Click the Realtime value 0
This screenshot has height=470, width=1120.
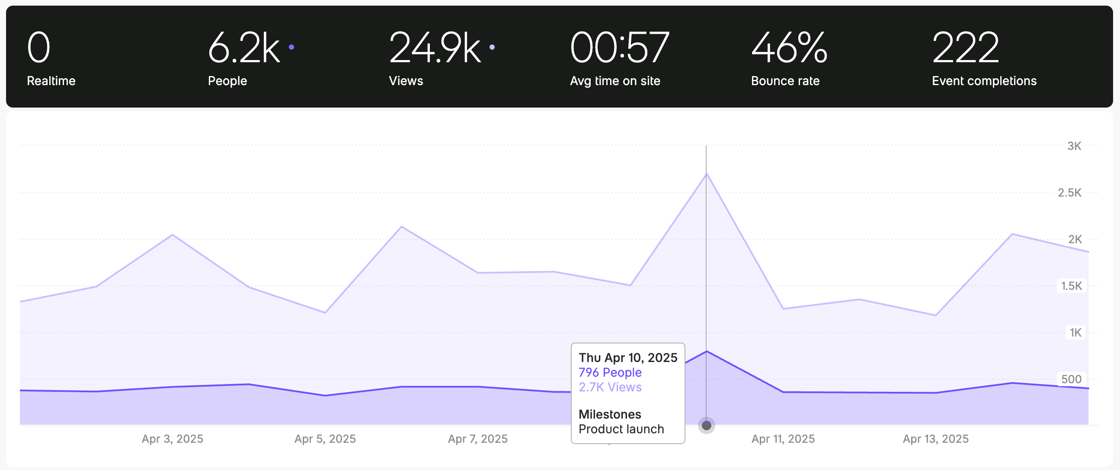point(38,48)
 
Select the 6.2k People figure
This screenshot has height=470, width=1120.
point(243,48)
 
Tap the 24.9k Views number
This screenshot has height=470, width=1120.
point(435,48)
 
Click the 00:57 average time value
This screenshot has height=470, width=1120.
point(619,48)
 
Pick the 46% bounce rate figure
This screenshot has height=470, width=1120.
point(789,48)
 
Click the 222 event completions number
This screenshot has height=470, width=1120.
point(965,48)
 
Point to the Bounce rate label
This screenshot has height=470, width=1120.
point(785,81)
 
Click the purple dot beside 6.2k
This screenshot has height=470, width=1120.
point(291,47)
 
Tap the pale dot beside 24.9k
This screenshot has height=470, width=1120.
point(492,47)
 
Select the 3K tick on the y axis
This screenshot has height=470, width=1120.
point(1074,146)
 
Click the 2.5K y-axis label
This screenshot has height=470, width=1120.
point(1069,192)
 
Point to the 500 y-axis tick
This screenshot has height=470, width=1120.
point(1071,379)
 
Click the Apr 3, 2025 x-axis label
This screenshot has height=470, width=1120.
point(172,439)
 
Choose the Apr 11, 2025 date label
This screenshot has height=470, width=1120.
point(783,439)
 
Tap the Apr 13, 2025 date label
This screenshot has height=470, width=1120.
point(935,439)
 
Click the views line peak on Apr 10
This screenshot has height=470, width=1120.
point(707,174)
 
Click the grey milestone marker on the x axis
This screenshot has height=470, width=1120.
point(707,425)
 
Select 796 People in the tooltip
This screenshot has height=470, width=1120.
point(610,372)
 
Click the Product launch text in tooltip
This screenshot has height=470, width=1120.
point(621,429)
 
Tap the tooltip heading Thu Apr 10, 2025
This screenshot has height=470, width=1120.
point(627,358)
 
